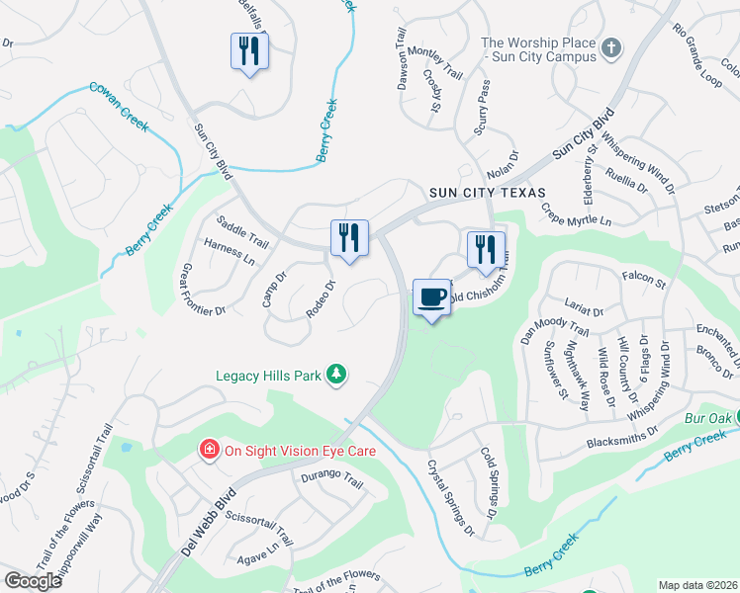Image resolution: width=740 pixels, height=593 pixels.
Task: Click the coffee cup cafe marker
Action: point(431,297)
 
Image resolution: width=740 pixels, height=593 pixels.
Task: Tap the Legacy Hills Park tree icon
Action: point(338,373)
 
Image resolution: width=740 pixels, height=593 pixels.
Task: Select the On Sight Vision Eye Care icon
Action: point(209,451)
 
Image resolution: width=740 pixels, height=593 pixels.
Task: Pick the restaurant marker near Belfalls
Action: point(249,50)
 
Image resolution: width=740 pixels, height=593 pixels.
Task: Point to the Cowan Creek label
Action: point(119,102)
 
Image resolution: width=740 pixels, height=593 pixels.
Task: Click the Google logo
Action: point(34,580)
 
